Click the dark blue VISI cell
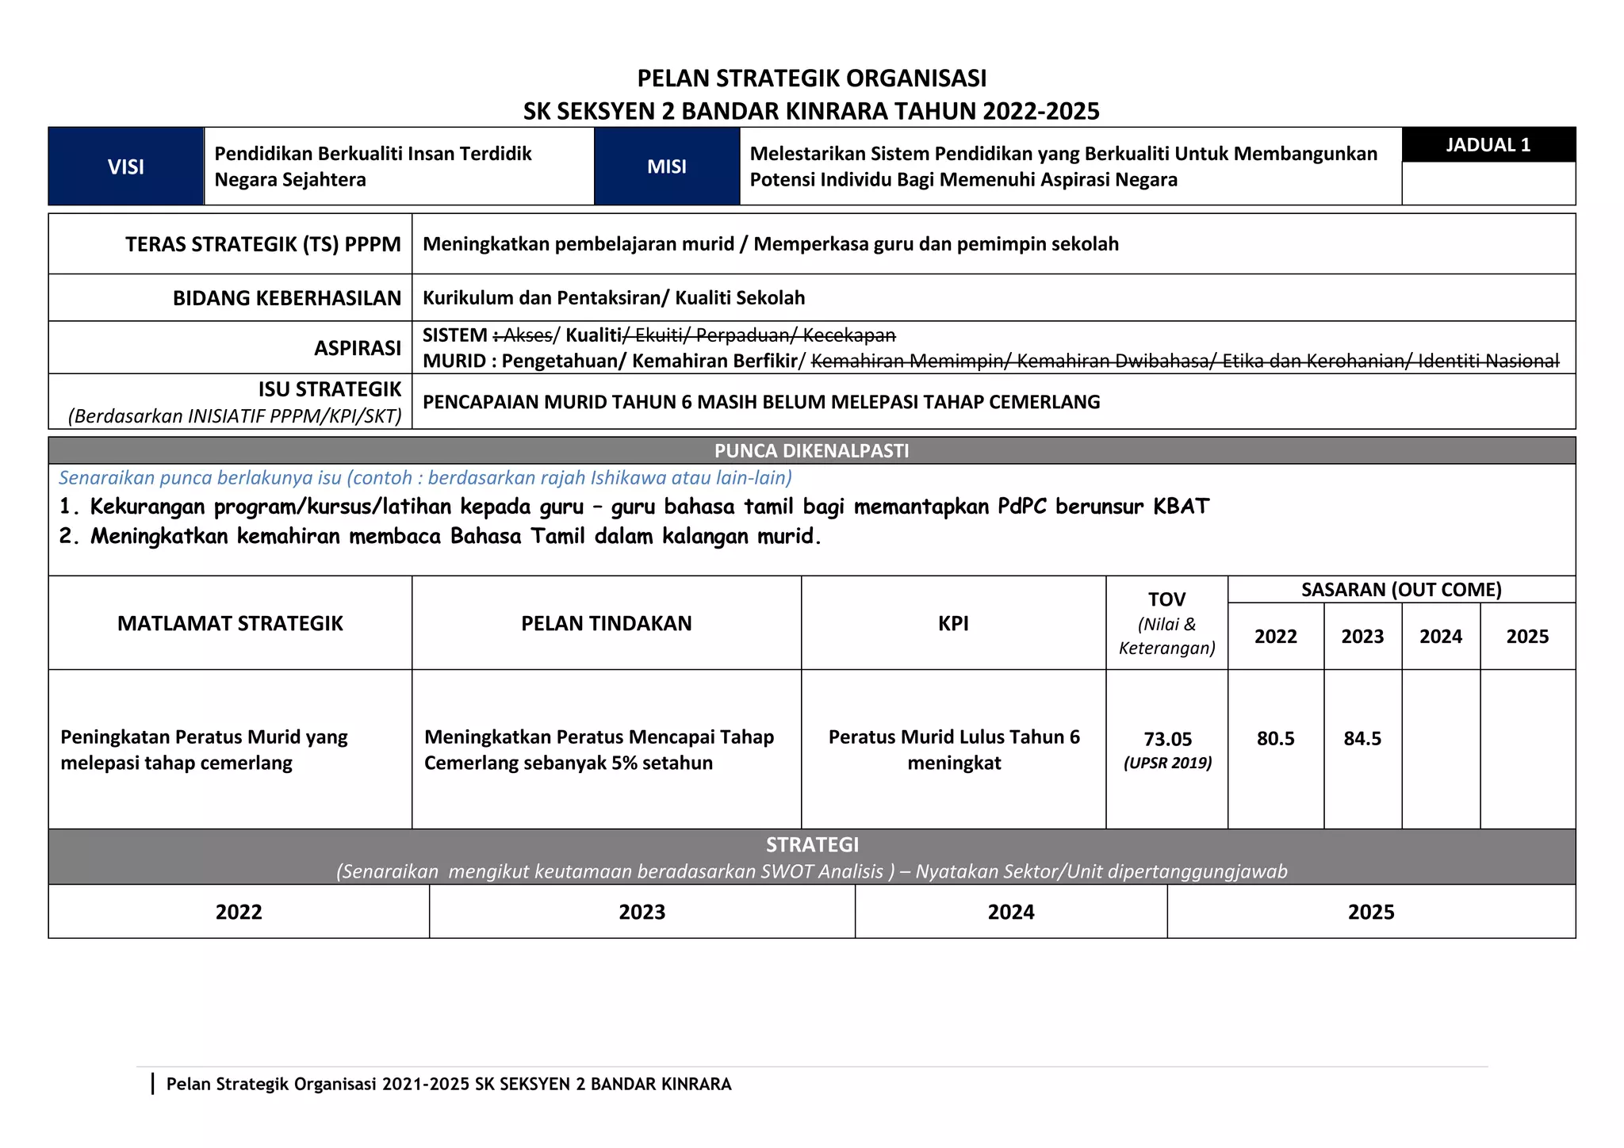(125, 166)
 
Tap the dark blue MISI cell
(666, 166)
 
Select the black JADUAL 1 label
(1488, 145)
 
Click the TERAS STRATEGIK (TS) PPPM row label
(262, 244)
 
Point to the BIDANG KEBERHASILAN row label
(287, 298)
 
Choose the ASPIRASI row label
(358, 348)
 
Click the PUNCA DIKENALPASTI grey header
(811, 451)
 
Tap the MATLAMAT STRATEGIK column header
(230, 623)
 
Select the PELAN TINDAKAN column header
(606, 623)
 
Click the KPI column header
(953, 623)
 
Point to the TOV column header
(1166, 600)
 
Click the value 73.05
(1167, 739)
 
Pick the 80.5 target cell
(1275, 739)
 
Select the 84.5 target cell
(1362, 739)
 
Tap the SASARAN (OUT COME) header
(1401, 590)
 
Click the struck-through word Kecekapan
(849, 335)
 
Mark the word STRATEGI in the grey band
(811, 845)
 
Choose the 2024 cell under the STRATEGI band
(1010, 912)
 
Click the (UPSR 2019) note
(1167, 763)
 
